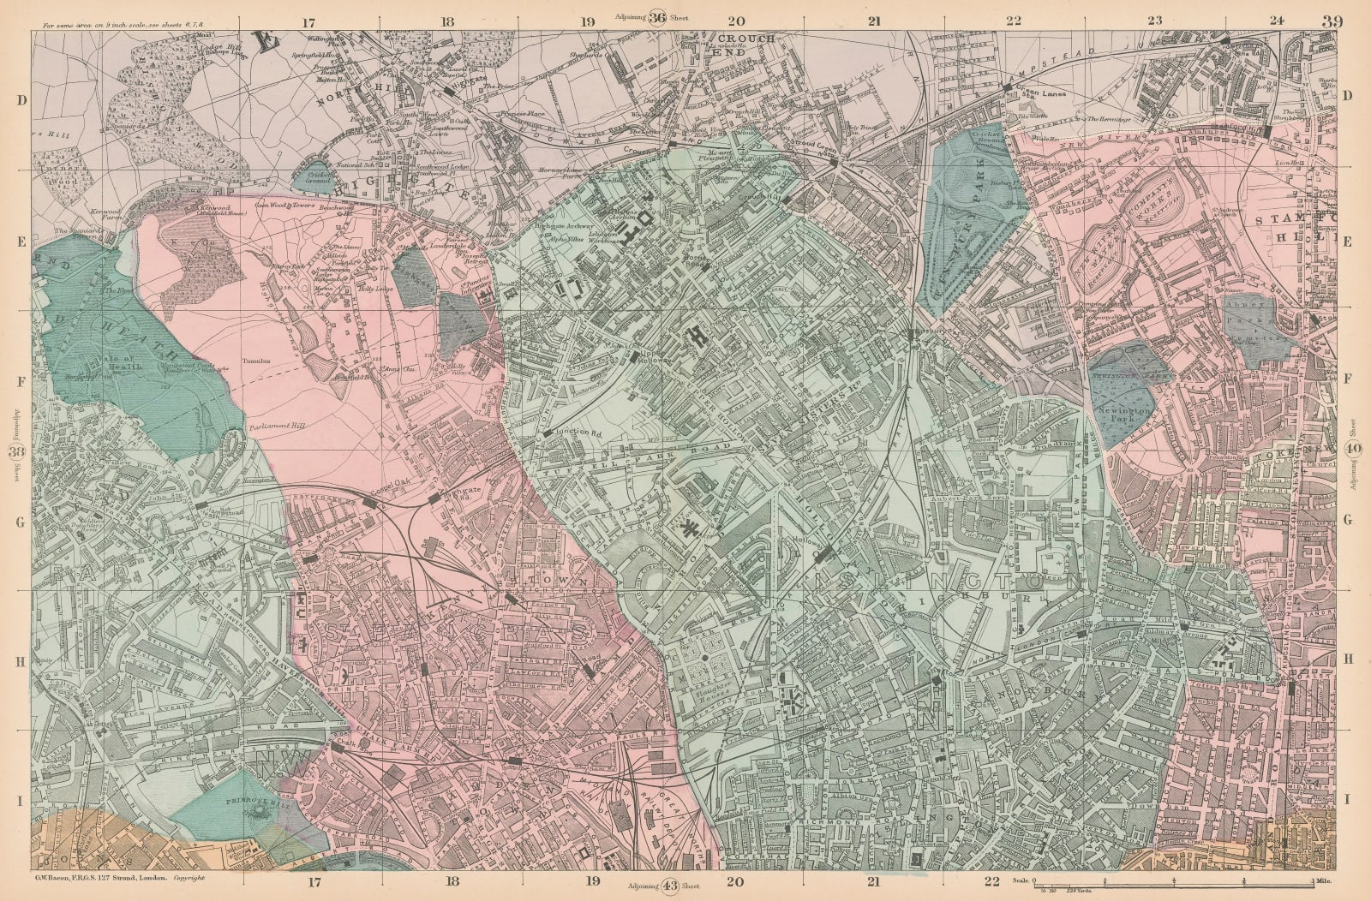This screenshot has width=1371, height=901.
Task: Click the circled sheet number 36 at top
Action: (x=658, y=16)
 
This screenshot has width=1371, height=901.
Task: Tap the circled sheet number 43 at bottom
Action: (x=672, y=886)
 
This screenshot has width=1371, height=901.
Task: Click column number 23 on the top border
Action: (x=1154, y=21)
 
